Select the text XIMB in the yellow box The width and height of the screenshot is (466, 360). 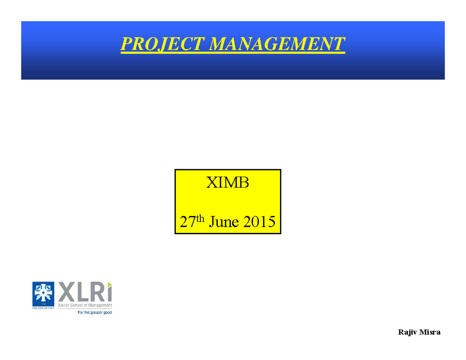click(227, 183)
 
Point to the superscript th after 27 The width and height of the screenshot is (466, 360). click(200, 218)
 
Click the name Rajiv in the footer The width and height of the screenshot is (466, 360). click(407, 332)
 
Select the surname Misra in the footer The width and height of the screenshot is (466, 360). click(431, 332)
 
